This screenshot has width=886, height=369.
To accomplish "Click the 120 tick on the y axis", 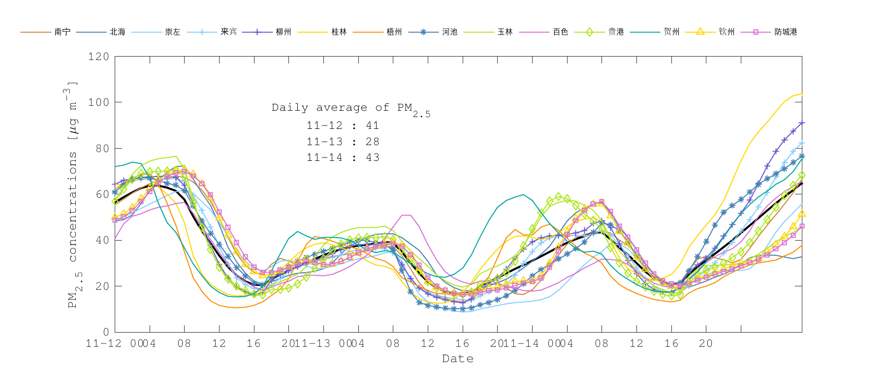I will pyautogui.click(x=99, y=57).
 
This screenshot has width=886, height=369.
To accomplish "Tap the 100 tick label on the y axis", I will pyautogui.click(x=99, y=102).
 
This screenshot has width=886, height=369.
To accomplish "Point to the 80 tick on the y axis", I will pyautogui.click(x=102, y=148).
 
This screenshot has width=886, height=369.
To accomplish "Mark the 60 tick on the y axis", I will pyautogui.click(x=102, y=194).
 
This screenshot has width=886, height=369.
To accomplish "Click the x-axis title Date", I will pyautogui.click(x=458, y=359).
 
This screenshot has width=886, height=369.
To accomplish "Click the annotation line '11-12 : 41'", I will pyautogui.click(x=343, y=126).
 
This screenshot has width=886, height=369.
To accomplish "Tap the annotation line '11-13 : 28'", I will pyautogui.click(x=343, y=142).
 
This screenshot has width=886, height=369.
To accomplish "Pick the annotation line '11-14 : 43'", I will pyautogui.click(x=343, y=157).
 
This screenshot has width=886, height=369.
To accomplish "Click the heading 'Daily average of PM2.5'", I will pyautogui.click(x=350, y=109).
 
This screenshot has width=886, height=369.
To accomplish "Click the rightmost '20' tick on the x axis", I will pyautogui.click(x=706, y=343).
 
